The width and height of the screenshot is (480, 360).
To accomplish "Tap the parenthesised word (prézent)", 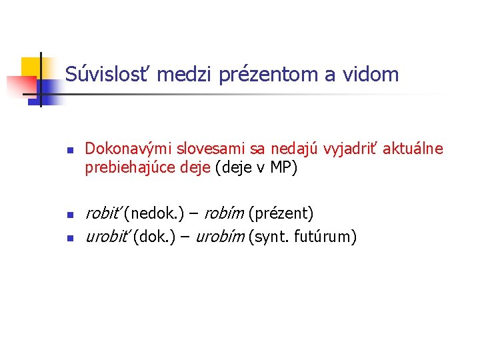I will [x=280, y=214].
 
